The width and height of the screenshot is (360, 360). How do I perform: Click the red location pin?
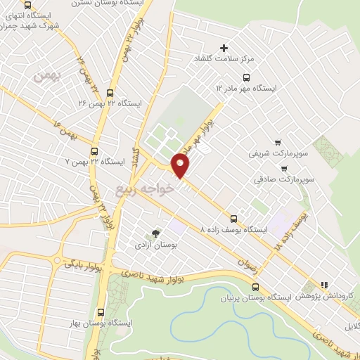click(181, 165)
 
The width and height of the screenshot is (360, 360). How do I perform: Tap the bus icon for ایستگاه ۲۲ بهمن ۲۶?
click(110, 91)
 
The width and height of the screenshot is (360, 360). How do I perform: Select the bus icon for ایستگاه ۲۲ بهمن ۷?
click(94, 150)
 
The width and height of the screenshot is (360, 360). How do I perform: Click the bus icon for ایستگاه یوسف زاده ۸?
click(234, 218)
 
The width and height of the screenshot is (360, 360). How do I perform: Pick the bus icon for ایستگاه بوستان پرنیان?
click(255, 285)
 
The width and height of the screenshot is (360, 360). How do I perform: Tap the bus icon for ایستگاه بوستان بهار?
click(101, 312)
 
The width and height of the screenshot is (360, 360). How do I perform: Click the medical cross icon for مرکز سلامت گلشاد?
click(224, 49)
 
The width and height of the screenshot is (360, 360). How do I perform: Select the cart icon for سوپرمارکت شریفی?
click(278, 141)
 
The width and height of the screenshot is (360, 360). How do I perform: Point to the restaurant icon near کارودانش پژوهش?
click(324, 285)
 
